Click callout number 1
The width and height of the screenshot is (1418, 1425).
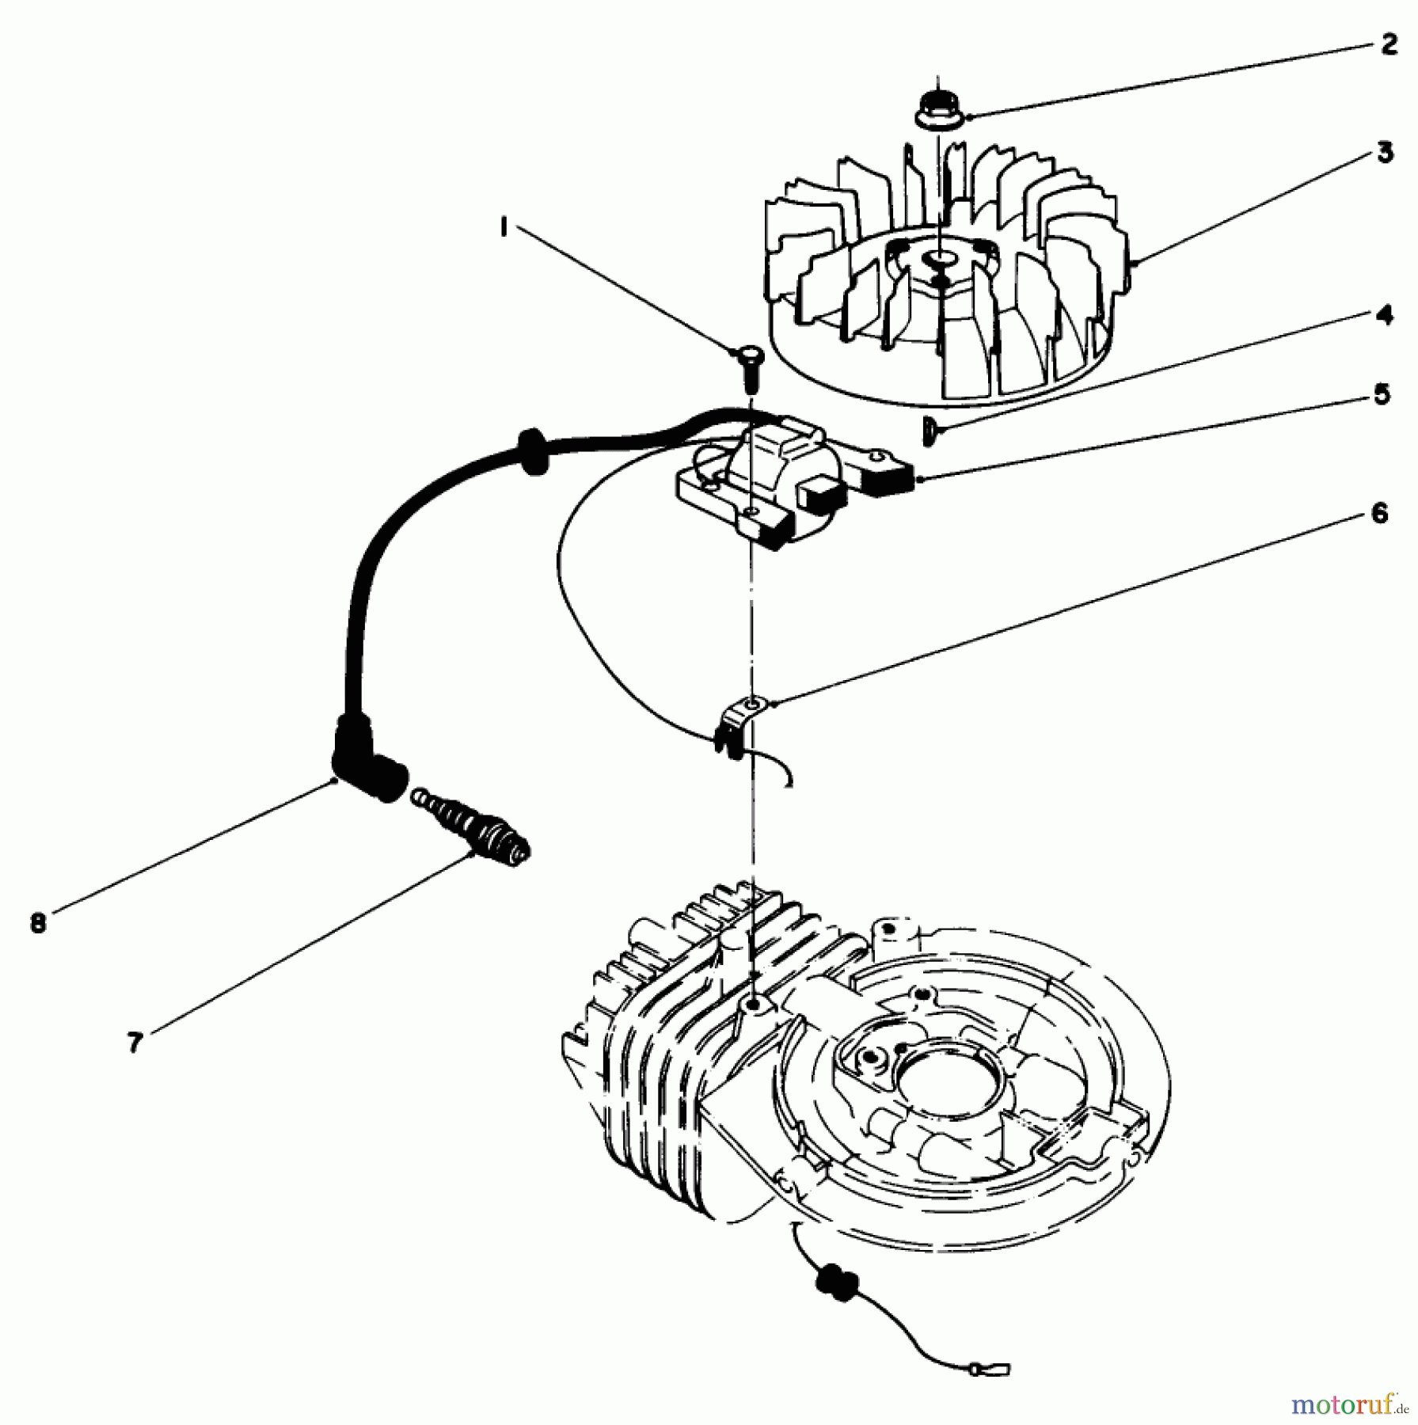click(x=504, y=227)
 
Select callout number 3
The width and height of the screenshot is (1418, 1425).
click(x=1384, y=152)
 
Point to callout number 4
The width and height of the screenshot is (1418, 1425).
click(x=1383, y=316)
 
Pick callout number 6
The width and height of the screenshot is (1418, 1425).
click(x=1378, y=515)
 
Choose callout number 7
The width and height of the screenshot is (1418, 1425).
click(x=135, y=1043)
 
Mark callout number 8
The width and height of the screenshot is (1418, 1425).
click(x=38, y=923)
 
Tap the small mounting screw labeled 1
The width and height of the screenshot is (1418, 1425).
click(x=747, y=368)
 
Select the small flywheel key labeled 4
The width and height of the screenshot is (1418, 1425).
click(x=929, y=432)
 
